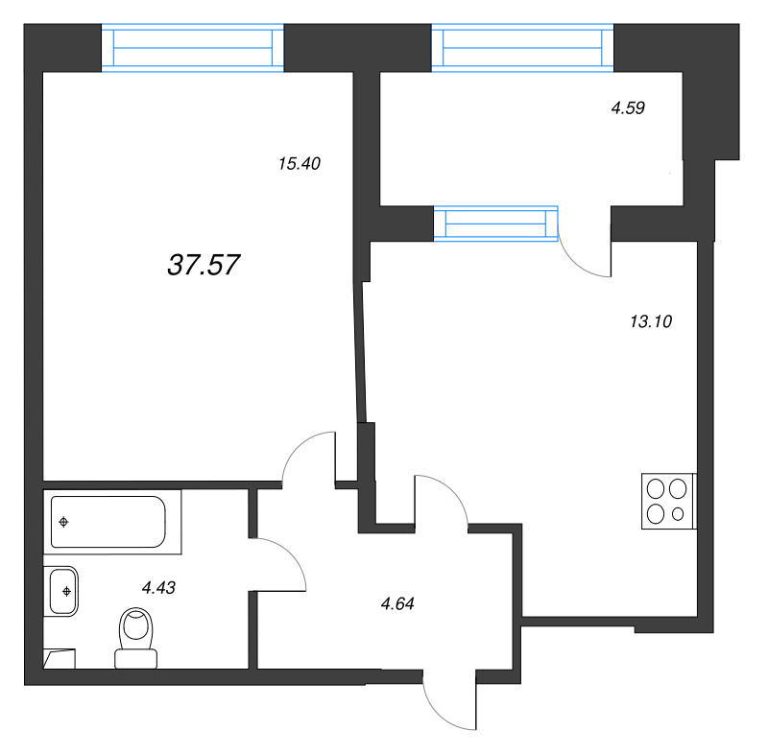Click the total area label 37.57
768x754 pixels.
(204, 265)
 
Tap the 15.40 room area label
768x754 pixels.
(300, 163)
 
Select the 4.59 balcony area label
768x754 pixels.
(628, 107)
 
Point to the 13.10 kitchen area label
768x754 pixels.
(651, 321)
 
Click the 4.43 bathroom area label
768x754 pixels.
(158, 587)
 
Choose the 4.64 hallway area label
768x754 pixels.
(397, 603)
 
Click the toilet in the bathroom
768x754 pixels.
(136, 638)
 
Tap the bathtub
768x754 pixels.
(112, 522)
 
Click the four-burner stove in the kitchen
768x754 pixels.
(669, 501)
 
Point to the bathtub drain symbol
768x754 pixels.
(63, 522)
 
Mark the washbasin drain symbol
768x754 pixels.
(66, 592)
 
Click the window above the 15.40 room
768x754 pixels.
(193, 48)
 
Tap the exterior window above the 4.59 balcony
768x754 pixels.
(522, 48)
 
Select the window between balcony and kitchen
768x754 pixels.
(495, 224)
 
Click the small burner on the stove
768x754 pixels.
(678, 514)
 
